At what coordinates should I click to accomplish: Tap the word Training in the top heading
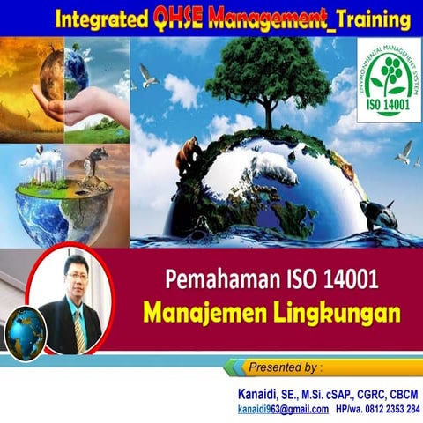tap(360, 17)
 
